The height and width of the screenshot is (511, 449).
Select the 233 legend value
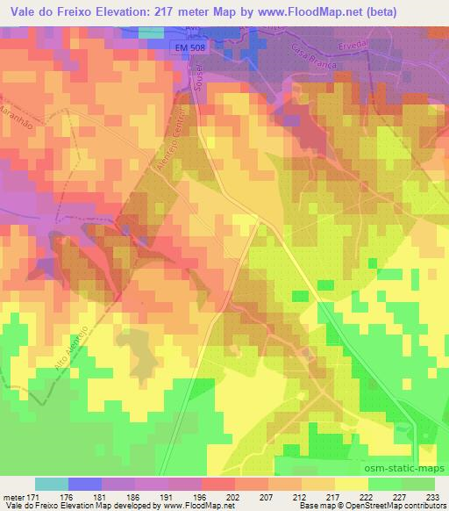433,497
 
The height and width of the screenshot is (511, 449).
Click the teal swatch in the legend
52,484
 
